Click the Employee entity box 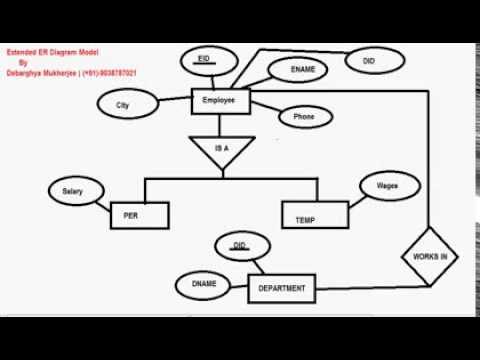point(218,100)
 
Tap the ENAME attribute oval point(302,72)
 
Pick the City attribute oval point(124,104)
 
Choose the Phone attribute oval point(304,117)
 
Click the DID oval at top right point(368,61)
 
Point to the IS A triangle point(223,150)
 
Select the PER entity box point(139,215)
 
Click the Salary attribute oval point(72,190)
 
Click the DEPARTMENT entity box point(282,288)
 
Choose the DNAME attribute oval point(204,284)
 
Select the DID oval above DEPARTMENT point(239,245)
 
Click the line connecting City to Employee point(173,100)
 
